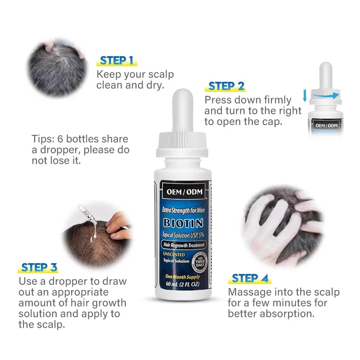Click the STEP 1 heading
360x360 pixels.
117,60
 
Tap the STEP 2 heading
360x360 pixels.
226,86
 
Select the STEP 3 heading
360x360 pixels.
39,267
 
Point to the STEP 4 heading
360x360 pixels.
250,278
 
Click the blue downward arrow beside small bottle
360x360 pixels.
305,95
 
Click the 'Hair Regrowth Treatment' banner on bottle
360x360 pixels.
183,245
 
